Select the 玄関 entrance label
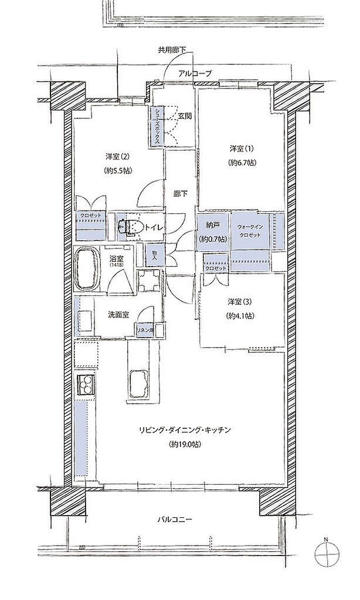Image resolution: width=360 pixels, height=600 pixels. pos(185,116)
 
